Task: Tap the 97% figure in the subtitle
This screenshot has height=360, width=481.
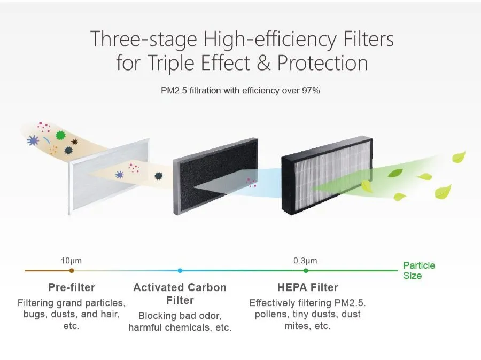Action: click(x=309, y=91)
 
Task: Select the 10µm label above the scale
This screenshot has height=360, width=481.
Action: click(x=72, y=261)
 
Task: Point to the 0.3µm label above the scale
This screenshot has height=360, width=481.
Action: click(x=305, y=261)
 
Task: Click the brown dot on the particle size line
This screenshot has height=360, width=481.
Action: click(x=72, y=271)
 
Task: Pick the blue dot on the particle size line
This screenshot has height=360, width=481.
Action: click(x=180, y=271)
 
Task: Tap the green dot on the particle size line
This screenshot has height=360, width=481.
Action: click(x=306, y=271)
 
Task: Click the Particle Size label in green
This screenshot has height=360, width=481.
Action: click(x=418, y=270)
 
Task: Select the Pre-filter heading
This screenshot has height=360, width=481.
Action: click(x=72, y=287)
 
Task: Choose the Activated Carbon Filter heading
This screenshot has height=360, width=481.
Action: click(x=180, y=293)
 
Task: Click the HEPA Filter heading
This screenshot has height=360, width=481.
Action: click(x=307, y=287)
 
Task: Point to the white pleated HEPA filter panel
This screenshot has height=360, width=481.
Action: click(x=329, y=176)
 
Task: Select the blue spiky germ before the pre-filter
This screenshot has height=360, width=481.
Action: click(x=33, y=140)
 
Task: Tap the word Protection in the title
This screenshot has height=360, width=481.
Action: click(x=323, y=64)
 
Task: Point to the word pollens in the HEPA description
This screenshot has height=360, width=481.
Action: click(x=266, y=314)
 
